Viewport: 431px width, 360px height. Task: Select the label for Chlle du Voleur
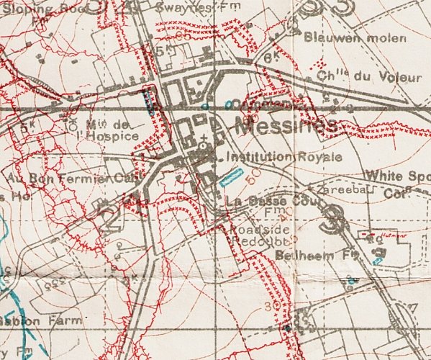[x=352, y=73]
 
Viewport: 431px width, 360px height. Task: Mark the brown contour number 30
[x=272, y=306]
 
